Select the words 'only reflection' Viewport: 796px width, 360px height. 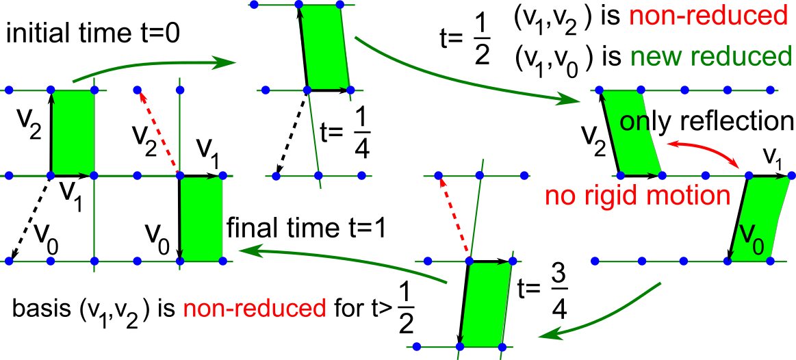[706, 122]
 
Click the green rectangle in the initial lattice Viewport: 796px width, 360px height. [73, 132]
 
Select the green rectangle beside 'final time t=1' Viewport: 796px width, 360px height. [201, 218]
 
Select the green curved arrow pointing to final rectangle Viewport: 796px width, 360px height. [342, 259]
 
